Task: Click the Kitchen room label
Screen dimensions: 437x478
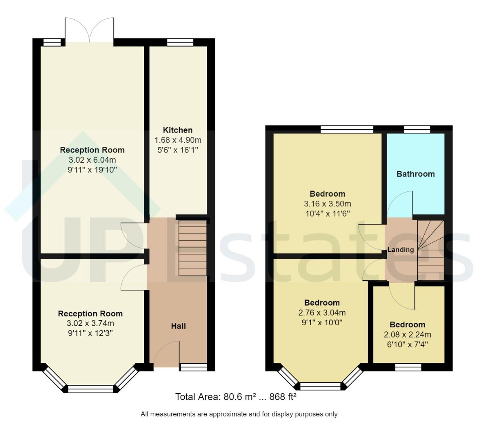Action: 177,130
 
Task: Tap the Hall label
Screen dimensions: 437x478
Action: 178,326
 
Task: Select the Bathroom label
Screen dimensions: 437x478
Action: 415,174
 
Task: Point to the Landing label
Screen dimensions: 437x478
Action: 400,250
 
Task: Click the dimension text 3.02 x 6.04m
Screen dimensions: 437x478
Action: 92,160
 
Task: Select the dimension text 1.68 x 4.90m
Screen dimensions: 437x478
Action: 178,140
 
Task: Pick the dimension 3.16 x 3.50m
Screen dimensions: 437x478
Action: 327,204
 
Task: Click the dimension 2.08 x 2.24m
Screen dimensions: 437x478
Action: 407,335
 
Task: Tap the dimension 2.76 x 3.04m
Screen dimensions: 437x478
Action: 322,313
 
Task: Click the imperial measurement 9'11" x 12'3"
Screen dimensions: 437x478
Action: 90,333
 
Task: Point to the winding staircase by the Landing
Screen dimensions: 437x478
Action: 430,250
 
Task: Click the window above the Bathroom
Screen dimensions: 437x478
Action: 417,129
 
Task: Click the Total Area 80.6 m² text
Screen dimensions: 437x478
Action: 236,397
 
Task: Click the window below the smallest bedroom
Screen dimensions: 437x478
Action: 408,367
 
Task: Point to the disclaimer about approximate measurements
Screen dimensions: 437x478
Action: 239,414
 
